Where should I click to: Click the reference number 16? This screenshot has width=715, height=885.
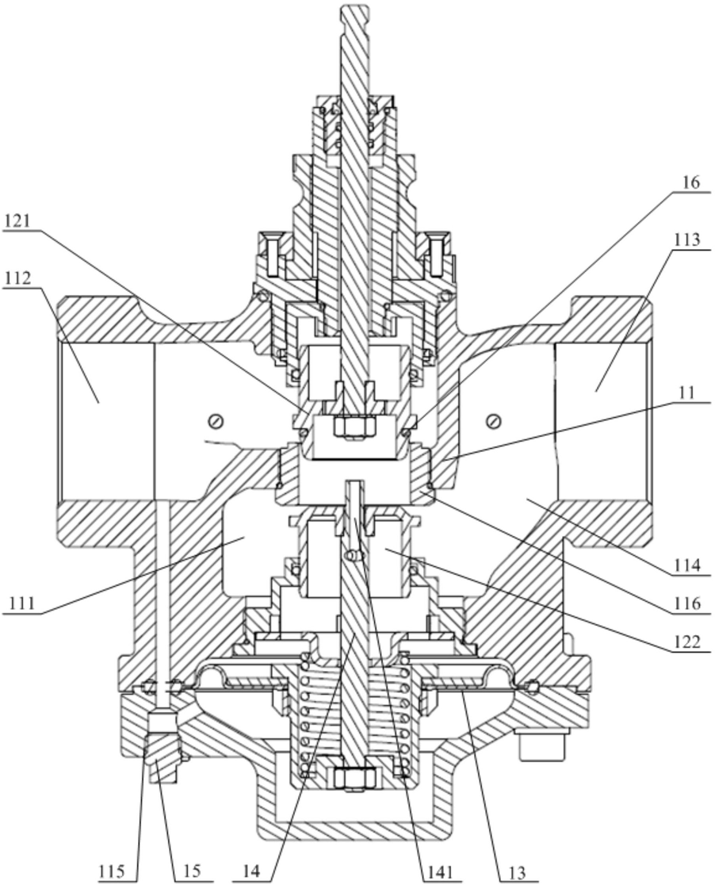(x=690, y=183)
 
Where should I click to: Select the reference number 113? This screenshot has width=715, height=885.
(x=686, y=239)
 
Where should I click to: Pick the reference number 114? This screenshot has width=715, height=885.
(x=686, y=565)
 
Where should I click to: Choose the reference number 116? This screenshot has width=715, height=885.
(x=686, y=604)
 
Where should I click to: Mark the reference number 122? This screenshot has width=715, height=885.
(x=686, y=642)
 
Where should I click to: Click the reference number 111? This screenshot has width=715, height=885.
(x=21, y=604)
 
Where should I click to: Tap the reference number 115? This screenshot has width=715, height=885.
(x=113, y=871)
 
